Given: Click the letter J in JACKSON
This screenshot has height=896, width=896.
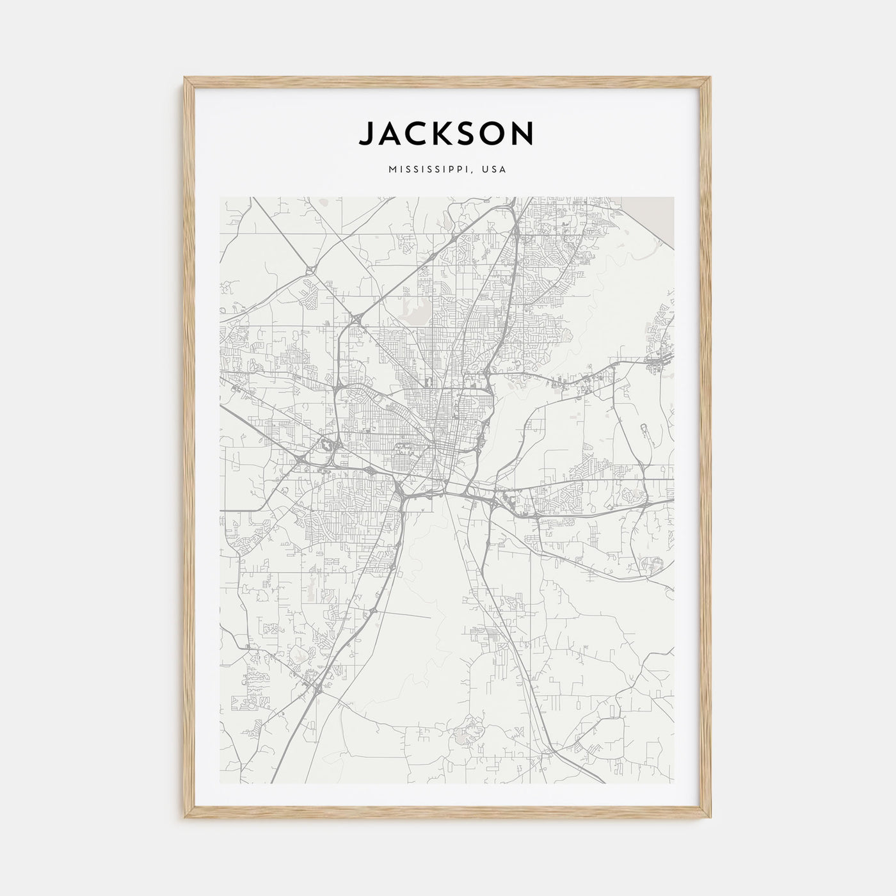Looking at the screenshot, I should point(367,134).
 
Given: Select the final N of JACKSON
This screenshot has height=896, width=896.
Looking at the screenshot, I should point(522,134).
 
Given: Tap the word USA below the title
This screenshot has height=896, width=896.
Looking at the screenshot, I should point(495,170).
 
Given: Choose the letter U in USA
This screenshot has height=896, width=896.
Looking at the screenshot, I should point(488,170).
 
